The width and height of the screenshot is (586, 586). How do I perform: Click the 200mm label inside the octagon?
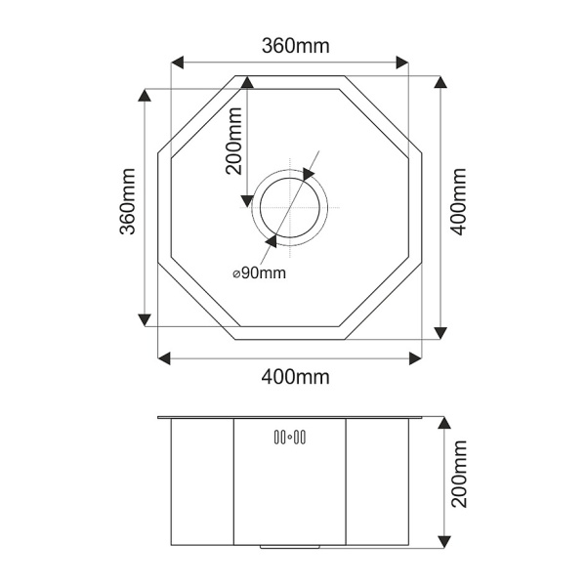(234, 142)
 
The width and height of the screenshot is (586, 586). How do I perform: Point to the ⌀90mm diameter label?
(260, 273)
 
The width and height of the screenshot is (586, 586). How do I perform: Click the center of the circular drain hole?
(289, 207)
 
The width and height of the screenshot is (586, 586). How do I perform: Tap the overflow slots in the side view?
(290, 436)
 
